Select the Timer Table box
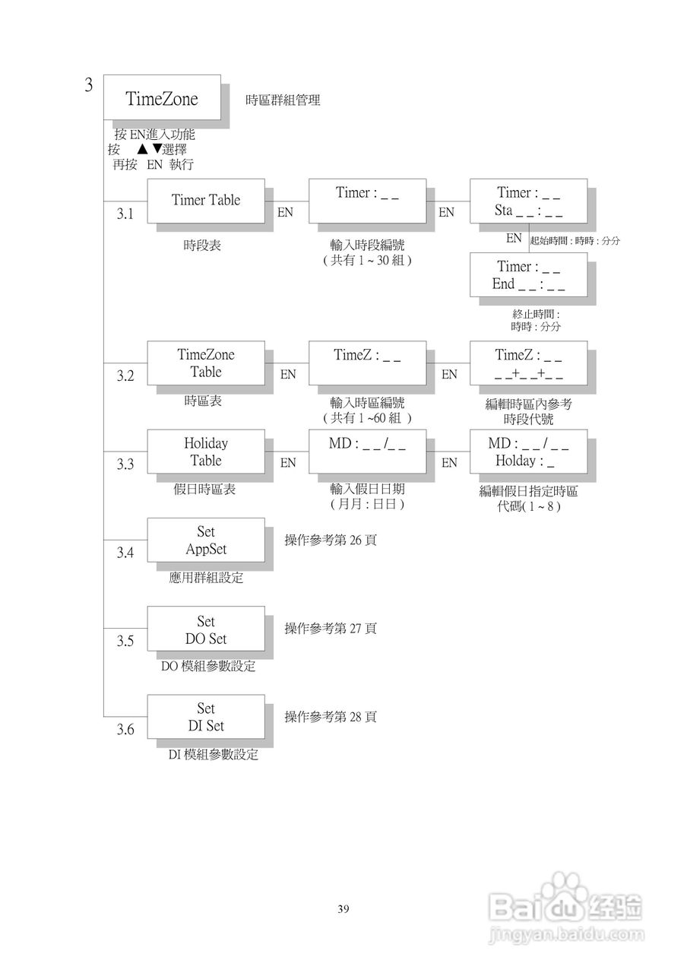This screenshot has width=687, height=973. click(205, 201)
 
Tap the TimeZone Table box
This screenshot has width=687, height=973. click(205, 363)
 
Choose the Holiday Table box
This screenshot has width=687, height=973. click(205, 452)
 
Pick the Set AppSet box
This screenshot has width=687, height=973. click(205, 540)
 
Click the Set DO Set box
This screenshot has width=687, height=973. click(205, 629)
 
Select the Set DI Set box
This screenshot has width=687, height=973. click(205, 717)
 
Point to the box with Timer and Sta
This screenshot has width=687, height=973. click(528, 201)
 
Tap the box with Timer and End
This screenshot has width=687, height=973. click(528, 275)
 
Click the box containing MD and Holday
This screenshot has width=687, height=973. click(528, 452)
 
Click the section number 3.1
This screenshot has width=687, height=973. click(125, 215)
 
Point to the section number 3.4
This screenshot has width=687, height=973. click(125, 553)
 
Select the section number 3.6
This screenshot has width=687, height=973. click(125, 731)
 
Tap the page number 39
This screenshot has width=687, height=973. click(343, 909)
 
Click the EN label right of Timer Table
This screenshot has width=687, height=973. click(285, 213)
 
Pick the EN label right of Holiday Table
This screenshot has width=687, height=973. click(288, 463)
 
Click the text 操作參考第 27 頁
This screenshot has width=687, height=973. click(331, 629)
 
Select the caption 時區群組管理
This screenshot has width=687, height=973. click(283, 100)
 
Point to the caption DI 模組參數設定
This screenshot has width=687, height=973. click(213, 755)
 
